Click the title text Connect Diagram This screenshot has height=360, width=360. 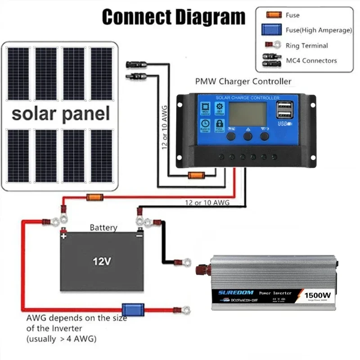[174, 17]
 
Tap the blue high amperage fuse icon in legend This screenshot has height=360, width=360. [272, 30]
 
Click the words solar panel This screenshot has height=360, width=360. [61, 113]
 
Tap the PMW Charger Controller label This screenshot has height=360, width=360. [243, 81]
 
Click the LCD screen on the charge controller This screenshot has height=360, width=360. [247, 114]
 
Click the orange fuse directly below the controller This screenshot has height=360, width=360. [197, 175]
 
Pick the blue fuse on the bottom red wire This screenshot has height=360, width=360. [134, 310]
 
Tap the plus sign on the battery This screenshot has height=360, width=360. [64, 235]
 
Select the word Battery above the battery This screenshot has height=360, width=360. [103, 228]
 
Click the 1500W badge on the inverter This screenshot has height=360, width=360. [318, 295]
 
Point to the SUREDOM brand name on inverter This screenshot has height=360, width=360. [236, 292]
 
